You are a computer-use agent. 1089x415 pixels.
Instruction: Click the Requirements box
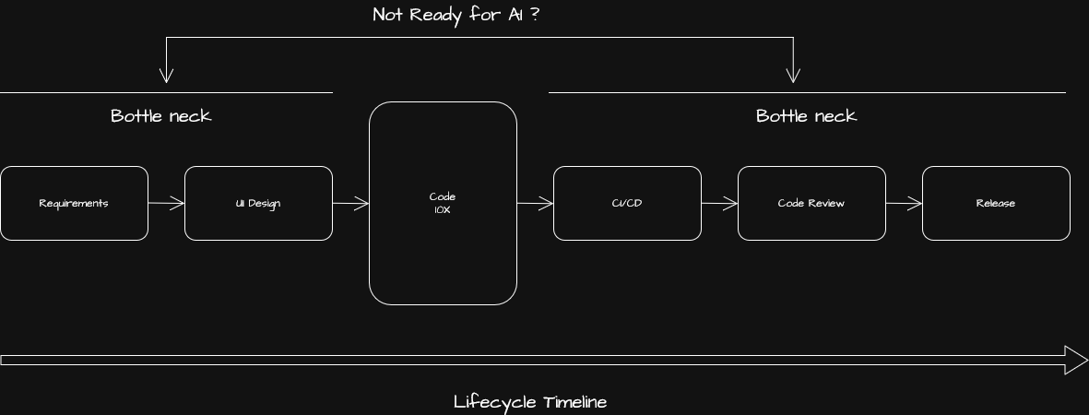pyautogui.click(x=74, y=203)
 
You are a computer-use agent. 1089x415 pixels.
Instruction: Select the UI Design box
pyautogui.click(x=258, y=203)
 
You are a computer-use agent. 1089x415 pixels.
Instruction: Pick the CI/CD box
pyautogui.click(x=627, y=203)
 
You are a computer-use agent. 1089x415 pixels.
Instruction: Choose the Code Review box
pyautogui.click(x=811, y=203)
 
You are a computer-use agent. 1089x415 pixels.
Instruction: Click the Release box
pyautogui.click(x=996, y=203)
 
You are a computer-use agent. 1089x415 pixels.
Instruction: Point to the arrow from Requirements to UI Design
pyautogui.click(x=166, y=203)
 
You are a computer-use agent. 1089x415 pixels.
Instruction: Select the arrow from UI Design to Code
pyautogui.click(x=350, y=203)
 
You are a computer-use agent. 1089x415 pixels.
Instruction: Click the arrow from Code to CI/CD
pyautogui.click(x=535, y=203)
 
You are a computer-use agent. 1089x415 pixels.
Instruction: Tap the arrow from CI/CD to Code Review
pyautogui.click(x=719, y=203)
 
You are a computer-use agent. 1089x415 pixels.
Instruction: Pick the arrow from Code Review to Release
pyautogui.click(x=904, y=203)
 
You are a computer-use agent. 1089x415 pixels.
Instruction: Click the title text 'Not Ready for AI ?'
pyautogui.click(x=456, y=15)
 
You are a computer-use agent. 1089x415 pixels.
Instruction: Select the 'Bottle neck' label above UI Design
pyautogui.click(x=161, y=116)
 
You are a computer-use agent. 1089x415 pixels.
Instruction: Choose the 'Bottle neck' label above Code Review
pyautogui.click(x=807, y=116)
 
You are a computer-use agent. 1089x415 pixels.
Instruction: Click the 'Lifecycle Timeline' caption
pyautogui.click(x=530, y=402)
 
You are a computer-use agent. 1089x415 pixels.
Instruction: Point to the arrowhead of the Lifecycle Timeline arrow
pyautogui.click(x=1076, y=360)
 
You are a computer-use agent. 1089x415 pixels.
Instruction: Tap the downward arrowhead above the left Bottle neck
pyautogui.click(x=166, y=76)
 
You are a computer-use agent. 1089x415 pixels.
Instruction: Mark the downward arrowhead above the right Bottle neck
pyautogui.click(x=793, y=76)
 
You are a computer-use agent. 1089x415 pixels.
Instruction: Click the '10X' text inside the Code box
pyautogui.click(x=443, y=210)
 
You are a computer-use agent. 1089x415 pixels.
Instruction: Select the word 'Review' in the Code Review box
pyautogui.click(x=827, y=203)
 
